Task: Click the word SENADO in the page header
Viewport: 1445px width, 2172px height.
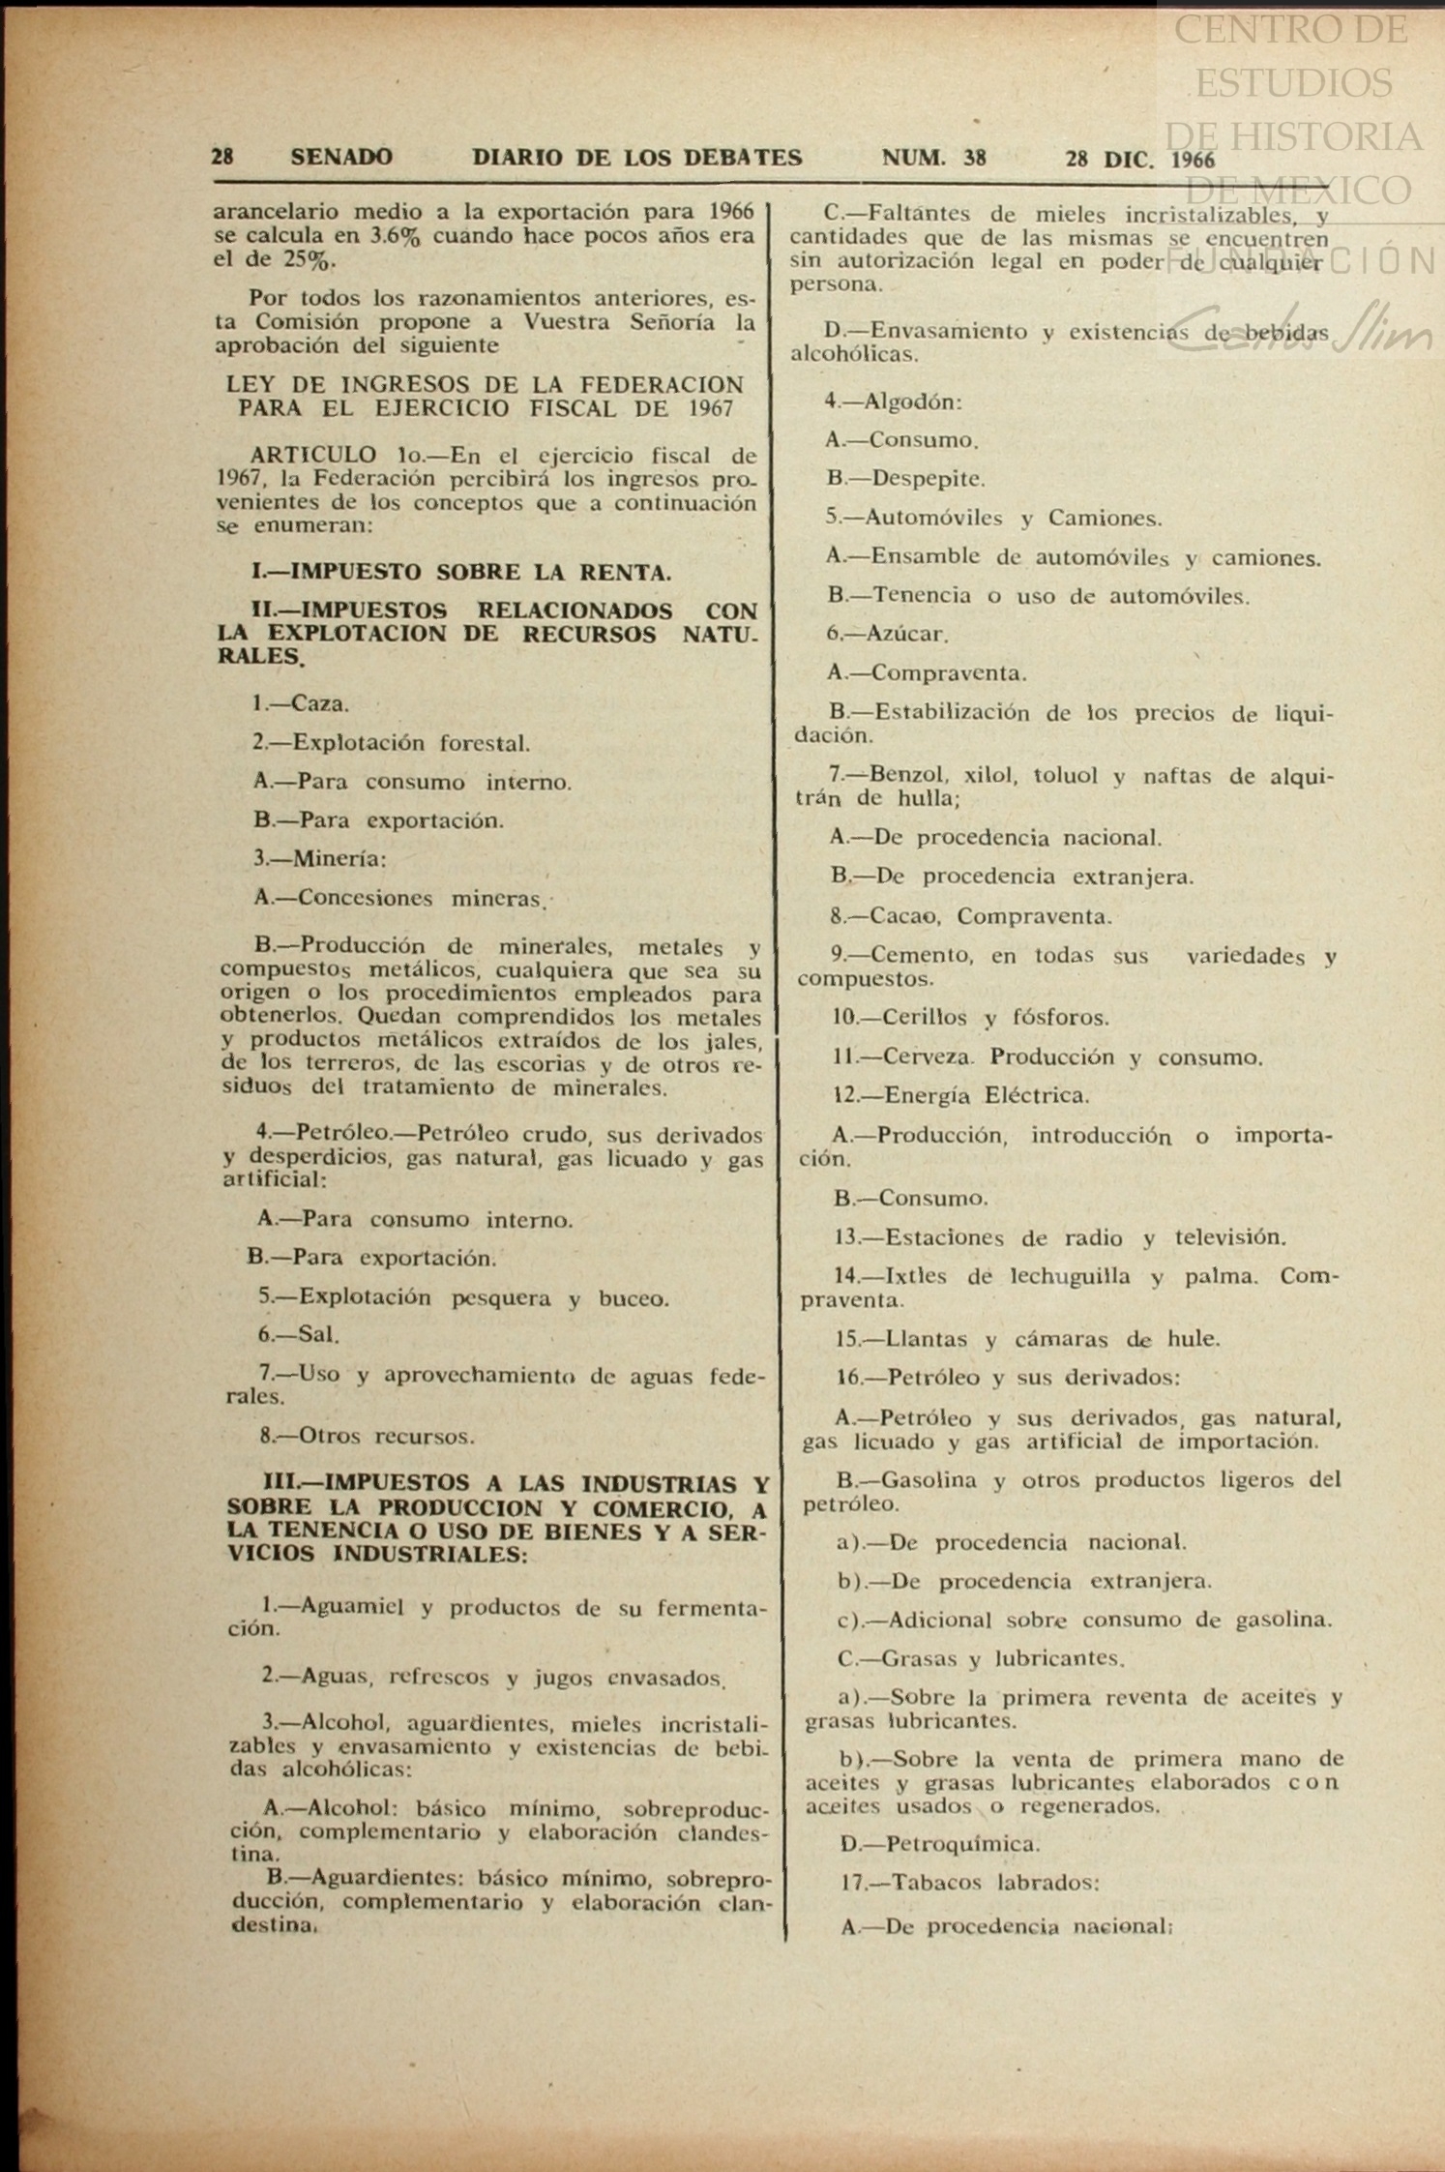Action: click(341, 158)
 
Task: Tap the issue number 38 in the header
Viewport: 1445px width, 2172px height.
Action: click(975, 159)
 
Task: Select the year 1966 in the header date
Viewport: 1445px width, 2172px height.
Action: click(1193, 160)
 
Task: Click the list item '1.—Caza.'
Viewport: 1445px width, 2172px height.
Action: click(301, 703)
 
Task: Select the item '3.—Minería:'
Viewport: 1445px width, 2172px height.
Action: click(320, 858)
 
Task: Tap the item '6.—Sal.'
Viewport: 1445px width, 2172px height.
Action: click(299, 1335)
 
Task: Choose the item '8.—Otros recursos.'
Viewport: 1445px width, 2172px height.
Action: click(367, 1436)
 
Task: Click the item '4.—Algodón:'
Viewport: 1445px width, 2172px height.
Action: click(893, 402)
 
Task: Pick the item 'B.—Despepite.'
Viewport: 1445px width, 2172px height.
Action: click(906, 478)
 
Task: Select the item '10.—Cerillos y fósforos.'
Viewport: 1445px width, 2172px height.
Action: click(970, 1017)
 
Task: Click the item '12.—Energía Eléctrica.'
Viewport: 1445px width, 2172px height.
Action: click(961, 1095)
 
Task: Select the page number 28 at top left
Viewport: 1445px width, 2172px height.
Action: click(223, 157)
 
